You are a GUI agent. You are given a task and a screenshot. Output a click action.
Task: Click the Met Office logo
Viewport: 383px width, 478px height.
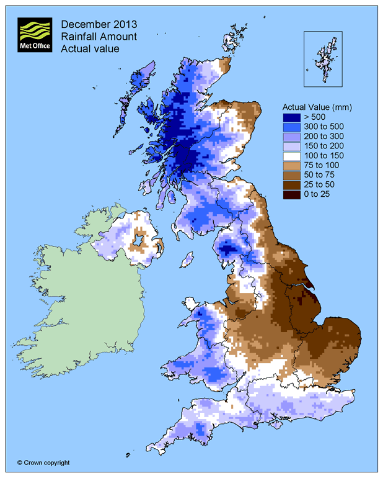point(35,35)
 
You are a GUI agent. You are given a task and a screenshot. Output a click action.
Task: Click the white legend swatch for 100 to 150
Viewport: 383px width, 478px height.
point(291,156)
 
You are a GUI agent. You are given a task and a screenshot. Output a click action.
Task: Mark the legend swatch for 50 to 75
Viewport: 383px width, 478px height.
point(291,176)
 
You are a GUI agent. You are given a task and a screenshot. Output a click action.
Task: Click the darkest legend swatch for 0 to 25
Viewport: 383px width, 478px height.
point(291,196)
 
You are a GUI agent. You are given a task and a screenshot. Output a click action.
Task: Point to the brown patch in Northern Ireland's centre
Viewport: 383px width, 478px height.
point(140,240)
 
